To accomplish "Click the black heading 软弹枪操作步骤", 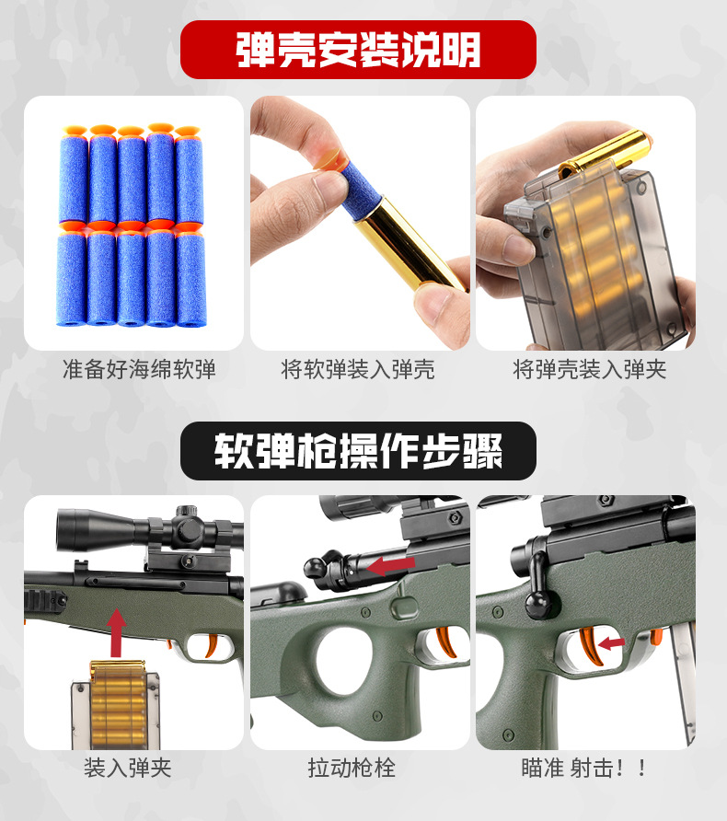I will (358, 451).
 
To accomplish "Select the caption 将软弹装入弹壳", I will (358, 370).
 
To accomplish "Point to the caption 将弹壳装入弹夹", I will (589, 370).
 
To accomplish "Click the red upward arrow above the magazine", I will (117, 630).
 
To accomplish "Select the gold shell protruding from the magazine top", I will (607, 152).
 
